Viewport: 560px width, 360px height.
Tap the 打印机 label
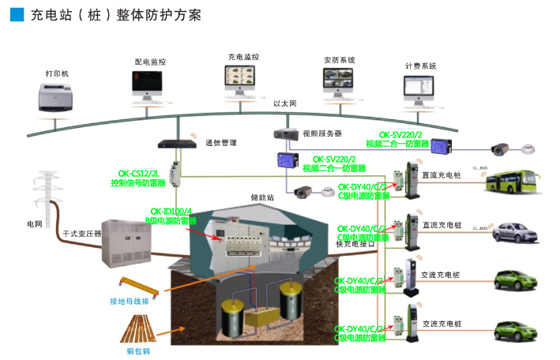click(x=58, y=73)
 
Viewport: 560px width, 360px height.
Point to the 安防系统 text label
click(x=339, y=60)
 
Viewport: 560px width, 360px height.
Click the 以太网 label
click(x=284, y=104)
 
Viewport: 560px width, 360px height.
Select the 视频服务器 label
click(x=321, y=133)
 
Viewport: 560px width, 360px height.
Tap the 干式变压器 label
click(x=81, y=234)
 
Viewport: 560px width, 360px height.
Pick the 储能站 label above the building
click(x=261, y=198)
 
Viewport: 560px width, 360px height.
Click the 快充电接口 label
click(x=355, y=245)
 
